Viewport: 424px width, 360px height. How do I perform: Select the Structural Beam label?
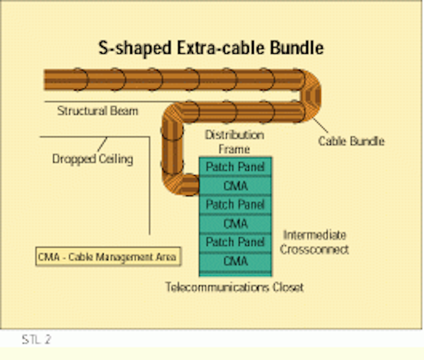pyautogui.click(x=98, y=111)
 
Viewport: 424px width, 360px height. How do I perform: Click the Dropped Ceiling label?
pyautogui.click(x=93, y=159)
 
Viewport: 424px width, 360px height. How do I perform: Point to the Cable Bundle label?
pyautogui.click(x=351, y=141)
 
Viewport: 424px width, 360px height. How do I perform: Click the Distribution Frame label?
pyautogui.click(x=234, y=142)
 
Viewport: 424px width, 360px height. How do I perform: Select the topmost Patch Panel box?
pyautogui.click(x=235, y=167)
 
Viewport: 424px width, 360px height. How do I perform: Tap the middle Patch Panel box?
pyautogui.click(x=235, y=205)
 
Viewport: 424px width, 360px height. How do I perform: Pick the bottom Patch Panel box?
pyautogui.click(x=235, y=242)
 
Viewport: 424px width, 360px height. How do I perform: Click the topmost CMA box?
pyautogui.click(x=235, y=186)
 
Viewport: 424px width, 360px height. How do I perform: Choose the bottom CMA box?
pyautogui.click(x=235, y=261)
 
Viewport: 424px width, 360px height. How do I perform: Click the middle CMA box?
pyautogui.click(x=235, y=223)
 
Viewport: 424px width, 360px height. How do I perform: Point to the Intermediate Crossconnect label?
pyautogui.click(x=314, y=242)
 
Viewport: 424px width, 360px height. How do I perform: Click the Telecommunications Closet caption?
pyautogui.click(x=235, y=287)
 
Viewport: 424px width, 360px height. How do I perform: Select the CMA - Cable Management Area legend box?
pyautogui.click(x=108, y=256)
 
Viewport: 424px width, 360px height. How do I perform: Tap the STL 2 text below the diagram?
pyautogui.click(x=36, y=340)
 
